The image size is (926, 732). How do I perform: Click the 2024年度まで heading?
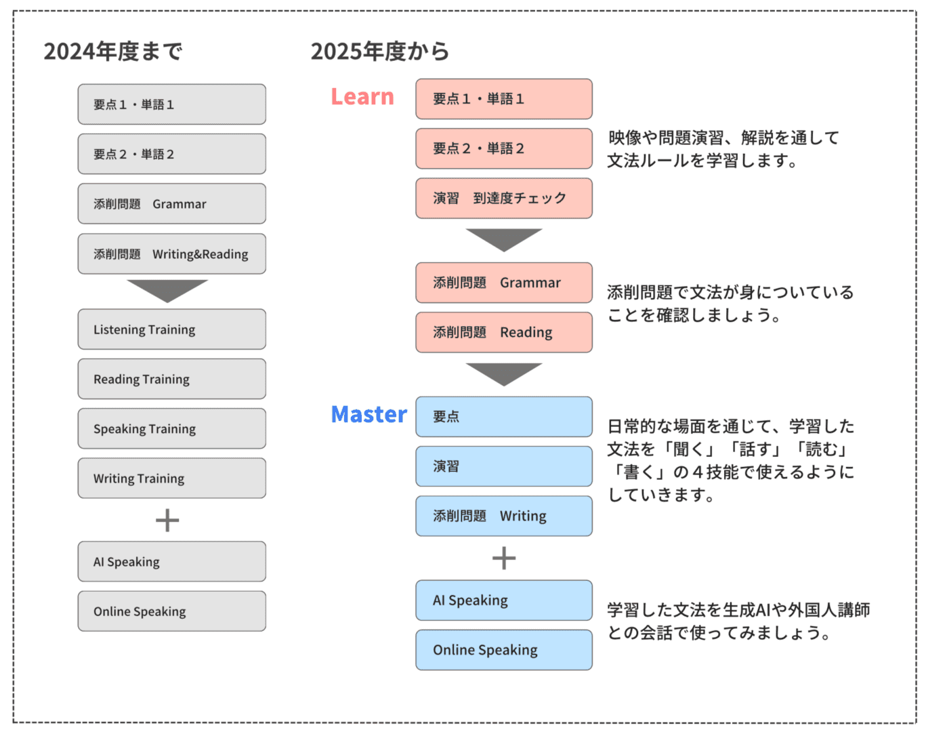[x=113, y=52]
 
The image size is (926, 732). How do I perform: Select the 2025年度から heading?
[x=380, y=52]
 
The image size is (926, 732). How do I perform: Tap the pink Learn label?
[x=362, y=96]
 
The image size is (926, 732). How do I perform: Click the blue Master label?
[x=369, y=414]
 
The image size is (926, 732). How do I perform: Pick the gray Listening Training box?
[x=171, y=329]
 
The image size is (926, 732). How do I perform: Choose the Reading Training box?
[x=171, y=379]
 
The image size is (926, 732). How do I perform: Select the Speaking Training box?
[x=171, y=429]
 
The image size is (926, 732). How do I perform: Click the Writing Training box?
[x=171, y=479]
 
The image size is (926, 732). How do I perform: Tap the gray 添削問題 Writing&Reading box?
[x=171, y=254]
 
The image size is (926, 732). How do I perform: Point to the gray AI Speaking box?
[x=171, y=562]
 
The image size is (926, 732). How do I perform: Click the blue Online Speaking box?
[x=504, y=650]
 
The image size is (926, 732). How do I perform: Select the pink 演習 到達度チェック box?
[x=504, y=199]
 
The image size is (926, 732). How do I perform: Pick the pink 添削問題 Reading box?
[x=504, y=332]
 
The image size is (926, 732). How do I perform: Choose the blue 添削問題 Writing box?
[x=504, y=516]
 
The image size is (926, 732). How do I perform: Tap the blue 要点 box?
[x=504, y=417]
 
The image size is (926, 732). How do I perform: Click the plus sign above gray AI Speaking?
[x=167, y=521]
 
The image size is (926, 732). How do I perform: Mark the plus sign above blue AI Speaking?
[x=504, y=558]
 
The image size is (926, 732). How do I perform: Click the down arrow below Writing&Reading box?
[x=167, y=291]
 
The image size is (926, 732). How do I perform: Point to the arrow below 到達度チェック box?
[x=504, y=240]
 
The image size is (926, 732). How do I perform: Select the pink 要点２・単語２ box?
[x=504, y=148]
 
